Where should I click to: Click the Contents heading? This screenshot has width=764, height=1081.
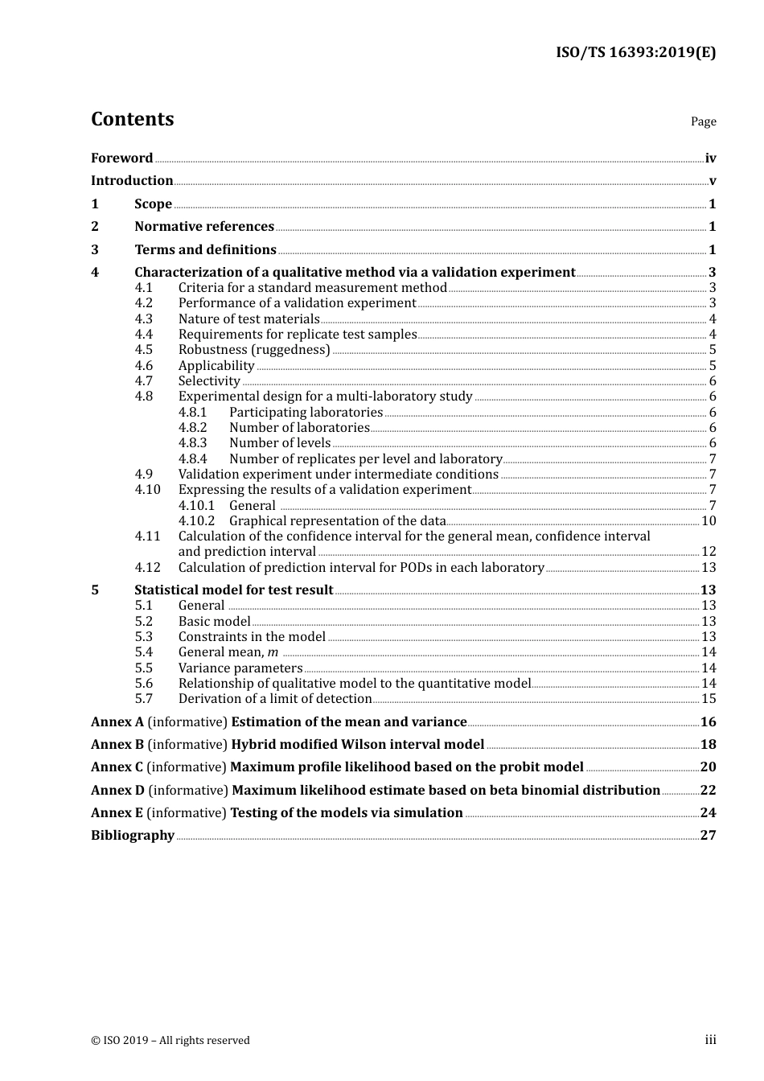tap(132, 119)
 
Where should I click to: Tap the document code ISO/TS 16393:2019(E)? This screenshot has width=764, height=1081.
tap(635, 53)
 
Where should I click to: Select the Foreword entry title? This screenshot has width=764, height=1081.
tap(121, 158)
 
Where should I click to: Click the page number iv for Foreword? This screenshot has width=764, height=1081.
tap(710, 158)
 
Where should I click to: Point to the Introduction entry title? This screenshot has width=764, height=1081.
tap(132, 181)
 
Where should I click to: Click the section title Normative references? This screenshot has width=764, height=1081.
tap(204, 227)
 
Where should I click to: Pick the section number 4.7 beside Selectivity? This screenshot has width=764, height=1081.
tap(144, 381)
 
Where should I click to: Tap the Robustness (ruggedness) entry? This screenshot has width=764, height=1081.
tap(254, 350)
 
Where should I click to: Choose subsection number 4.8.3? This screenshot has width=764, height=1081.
tap(192, 443)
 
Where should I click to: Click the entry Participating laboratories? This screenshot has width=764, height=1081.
tap(306, 413)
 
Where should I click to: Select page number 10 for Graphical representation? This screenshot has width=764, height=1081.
tap(709, 521)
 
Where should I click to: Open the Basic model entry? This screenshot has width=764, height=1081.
tap(215, 622)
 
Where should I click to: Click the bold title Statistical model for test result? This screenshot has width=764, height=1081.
tap(233, 590)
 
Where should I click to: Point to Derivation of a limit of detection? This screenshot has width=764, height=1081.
tap(275, 699)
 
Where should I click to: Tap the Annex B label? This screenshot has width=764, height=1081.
tap(117, 745)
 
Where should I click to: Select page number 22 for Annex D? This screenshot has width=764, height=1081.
tap(708, 791)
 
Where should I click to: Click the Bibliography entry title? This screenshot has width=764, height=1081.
tap(133, 836)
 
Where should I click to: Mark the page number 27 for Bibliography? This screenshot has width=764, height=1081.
tap(708, 836)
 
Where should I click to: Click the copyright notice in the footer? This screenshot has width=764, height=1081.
tap(170, 1041)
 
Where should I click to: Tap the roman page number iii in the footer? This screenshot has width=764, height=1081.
tap(710, 1040)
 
